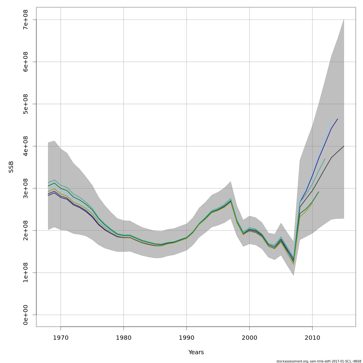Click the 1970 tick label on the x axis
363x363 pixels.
(x=60, y=337)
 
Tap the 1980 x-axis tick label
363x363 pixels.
(x=123, y=337)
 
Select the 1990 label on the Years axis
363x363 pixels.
(x=186, y=337)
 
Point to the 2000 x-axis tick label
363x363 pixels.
(x=249, y=337)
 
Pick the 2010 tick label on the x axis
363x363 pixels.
(x=312, y=337)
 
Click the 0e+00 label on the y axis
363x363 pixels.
(x=25, y=315)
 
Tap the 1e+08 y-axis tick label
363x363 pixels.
(x=25, y=273)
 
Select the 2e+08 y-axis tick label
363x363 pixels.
(x=25, y=231)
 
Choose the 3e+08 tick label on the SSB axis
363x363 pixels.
(x=25, y=188)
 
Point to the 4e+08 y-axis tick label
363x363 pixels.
(x=25, y=146)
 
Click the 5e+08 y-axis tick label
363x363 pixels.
(x=25, y=104)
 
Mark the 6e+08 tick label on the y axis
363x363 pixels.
(x=25, y=62)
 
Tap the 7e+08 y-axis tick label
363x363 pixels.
(x=25, y=20)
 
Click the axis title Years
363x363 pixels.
(x=196, y=352)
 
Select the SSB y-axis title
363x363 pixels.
(x=11, y=167)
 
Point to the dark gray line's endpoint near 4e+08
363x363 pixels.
(x=344, y=146)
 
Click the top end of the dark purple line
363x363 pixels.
(x=338, y=119)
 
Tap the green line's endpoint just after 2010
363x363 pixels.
(x=319, y=192)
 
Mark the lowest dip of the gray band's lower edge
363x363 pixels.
(x=293, y=275)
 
